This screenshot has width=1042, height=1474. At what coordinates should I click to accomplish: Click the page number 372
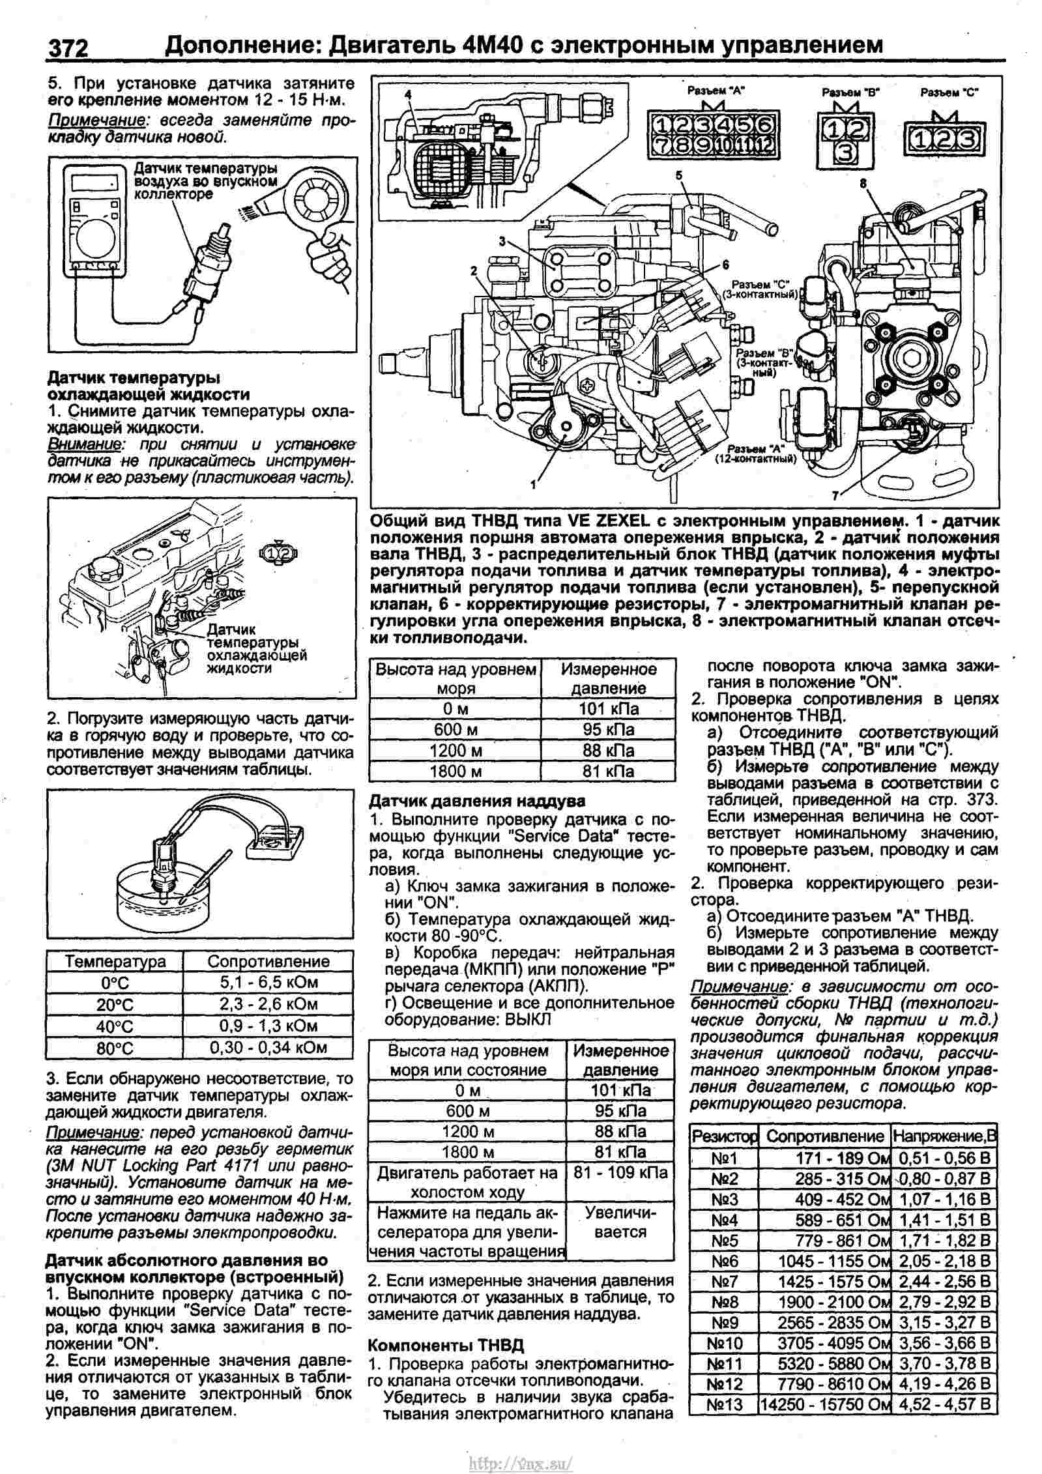[66, 48]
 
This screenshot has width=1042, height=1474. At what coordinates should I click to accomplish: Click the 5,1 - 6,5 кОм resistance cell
[268, 982]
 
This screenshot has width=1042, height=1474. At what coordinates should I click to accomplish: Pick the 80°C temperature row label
[115, 1048]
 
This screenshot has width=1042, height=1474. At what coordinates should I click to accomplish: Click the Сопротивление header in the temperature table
[268, 961]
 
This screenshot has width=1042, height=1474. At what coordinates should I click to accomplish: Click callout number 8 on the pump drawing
[863, 184]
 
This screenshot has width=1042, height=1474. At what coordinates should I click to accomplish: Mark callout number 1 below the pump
[533, 484]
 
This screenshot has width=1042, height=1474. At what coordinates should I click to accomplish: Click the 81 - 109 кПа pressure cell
[620, 1172]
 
